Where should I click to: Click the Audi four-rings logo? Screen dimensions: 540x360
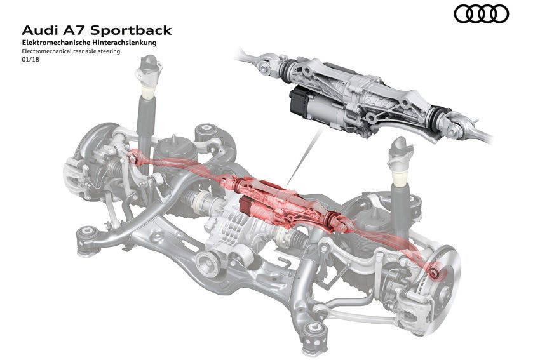(x=481, y=15)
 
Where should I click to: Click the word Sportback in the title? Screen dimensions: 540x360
(x=131, y=30)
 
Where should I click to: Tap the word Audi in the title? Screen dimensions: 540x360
(x=39, y=30)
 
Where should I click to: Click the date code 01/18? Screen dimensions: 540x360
(x=30, y=59)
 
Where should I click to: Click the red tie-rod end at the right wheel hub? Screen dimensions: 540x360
(x=435, y=272)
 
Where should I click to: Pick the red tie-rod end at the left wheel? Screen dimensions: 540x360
(x=132, y=158)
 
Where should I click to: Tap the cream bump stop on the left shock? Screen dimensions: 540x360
(x=149, y=93)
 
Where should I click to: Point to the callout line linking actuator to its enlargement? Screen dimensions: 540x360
(x=305, y=156)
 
